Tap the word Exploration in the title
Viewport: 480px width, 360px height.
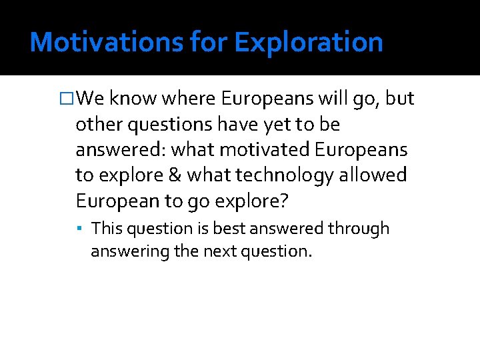309,42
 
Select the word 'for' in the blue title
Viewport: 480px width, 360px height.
209,42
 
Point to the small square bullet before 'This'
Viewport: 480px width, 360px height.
79,229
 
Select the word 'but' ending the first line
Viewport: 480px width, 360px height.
400,99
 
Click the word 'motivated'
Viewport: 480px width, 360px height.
259,149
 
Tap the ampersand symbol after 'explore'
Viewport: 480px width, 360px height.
175,175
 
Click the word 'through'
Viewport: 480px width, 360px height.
359,229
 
